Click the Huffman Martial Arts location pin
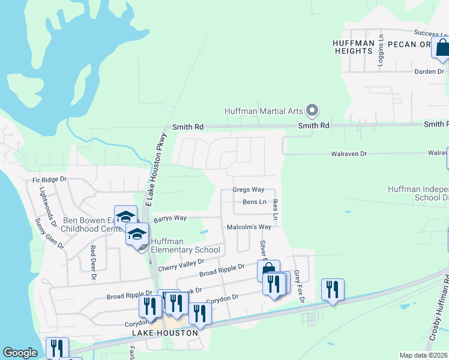[x=312, y=110]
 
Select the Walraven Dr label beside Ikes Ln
[x=349, y=154]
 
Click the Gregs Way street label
[x=249, y=190]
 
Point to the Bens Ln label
[x=254, y=202]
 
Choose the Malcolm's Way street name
[x=249, y=227]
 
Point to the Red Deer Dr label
[x=93, y=263]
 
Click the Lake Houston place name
[x=166, y=332]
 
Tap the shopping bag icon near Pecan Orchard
[x=442, y=48]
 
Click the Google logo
[x=20, y=353]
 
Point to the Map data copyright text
[x=424, y=355]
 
